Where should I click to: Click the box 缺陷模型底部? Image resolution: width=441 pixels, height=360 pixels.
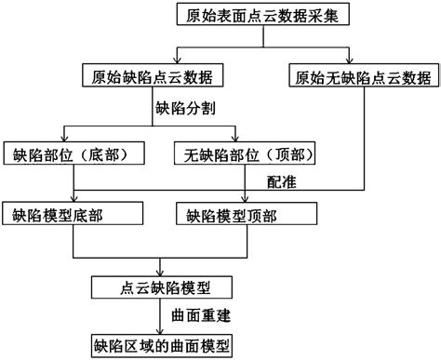tap(73, 216)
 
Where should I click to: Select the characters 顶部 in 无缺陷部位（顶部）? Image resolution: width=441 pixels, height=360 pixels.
tap(283, 153)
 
